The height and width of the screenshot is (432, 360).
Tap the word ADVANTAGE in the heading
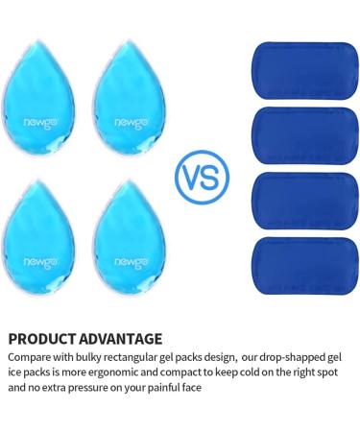tap(121, 338)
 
